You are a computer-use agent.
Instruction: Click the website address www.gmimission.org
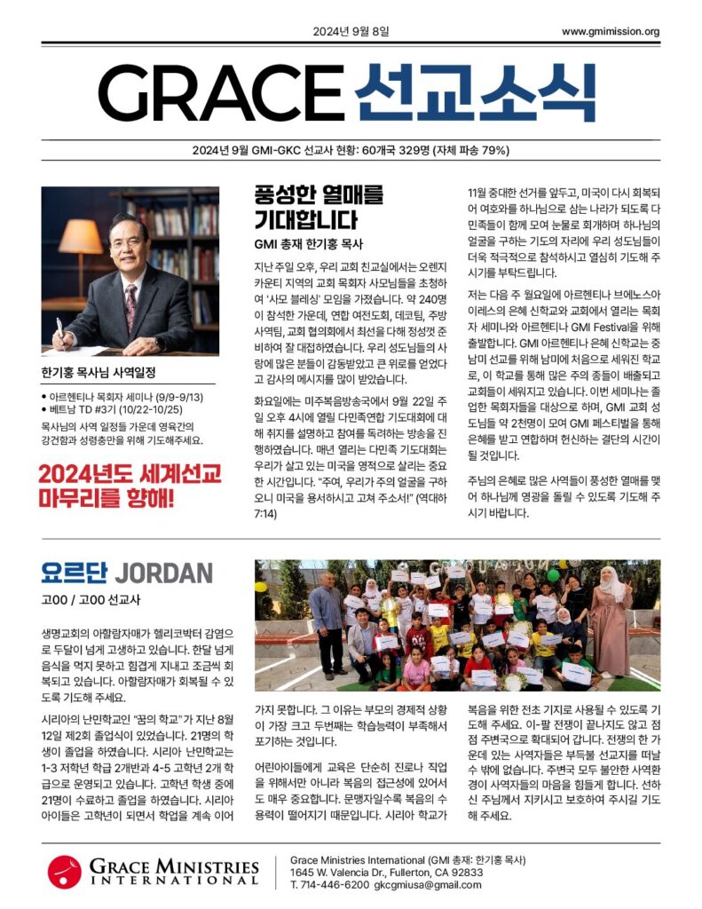(610, 32)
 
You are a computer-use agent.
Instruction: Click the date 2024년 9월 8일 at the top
(351, 32)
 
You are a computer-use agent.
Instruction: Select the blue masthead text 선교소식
(475, 93)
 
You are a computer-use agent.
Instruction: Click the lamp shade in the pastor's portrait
(81, 237)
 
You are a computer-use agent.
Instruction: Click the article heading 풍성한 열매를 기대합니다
(306, 207)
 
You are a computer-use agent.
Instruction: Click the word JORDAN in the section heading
(163, 573)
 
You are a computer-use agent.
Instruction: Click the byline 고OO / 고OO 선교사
(91, 600)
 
